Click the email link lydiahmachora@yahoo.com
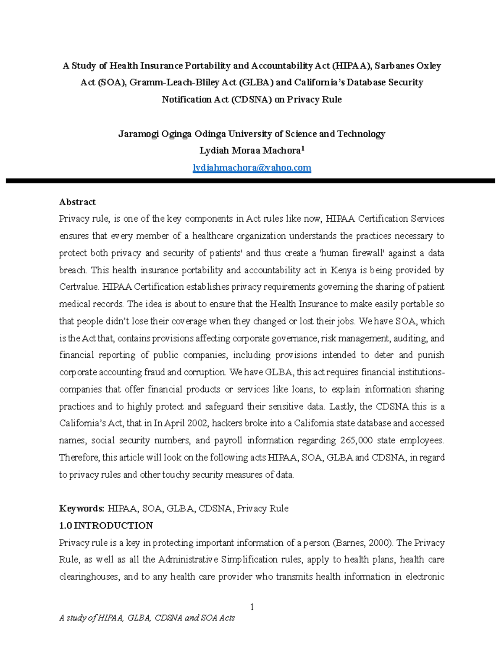point(252,168)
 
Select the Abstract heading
point(77,202)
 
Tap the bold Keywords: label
point(81,508)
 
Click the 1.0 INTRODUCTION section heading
point(106,526)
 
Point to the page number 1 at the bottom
point(252,607)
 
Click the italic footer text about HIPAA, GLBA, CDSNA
point(147,618)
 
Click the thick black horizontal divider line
point(250,181)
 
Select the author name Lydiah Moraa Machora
point(249,151)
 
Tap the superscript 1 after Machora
point(303,149)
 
